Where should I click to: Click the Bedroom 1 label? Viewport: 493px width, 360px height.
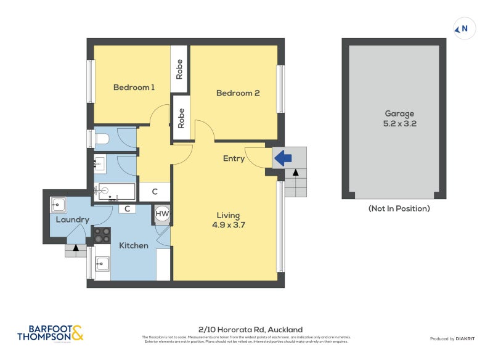coord(134,88)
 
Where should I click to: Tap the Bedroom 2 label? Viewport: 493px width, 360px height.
coord(237,93)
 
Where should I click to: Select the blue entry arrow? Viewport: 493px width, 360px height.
coord(282,158)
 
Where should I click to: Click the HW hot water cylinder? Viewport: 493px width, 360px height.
coord(162,213)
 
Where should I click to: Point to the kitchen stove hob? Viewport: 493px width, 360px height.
coord(102,235)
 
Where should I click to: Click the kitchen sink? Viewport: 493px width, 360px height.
coord(102,264)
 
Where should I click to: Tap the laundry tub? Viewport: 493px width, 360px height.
coord(59,204)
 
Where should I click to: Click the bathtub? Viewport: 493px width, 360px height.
coord(114,191)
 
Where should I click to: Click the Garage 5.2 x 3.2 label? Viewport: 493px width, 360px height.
coord(399,118)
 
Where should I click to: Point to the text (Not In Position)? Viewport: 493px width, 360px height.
coord(399,208)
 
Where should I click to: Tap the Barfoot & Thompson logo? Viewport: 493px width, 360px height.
coord(50,333)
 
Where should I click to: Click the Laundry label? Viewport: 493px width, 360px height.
coord(72,220)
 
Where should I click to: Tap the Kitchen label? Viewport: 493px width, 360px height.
coord(133,245)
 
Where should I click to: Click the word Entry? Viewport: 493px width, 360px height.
coord(234,158)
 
